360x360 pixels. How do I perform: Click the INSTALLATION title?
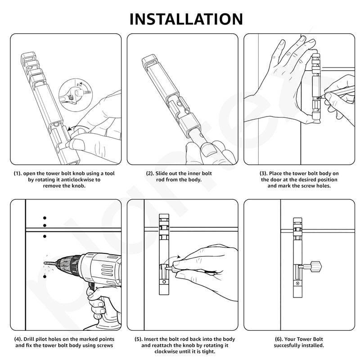(186, 19)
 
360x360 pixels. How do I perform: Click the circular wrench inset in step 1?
(76, 95)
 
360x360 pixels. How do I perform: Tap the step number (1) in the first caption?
(18, 174)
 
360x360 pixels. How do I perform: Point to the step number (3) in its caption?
(264, 173)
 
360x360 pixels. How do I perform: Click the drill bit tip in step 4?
(45, 263)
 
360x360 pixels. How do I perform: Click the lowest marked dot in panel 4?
(45, 277)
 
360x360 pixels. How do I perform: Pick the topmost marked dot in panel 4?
(45, 218)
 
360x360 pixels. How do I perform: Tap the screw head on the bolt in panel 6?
(298, 283)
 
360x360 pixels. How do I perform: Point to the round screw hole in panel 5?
(164, 282)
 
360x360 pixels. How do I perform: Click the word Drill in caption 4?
(29, 339)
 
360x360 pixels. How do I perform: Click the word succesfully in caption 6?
(287, 345)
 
